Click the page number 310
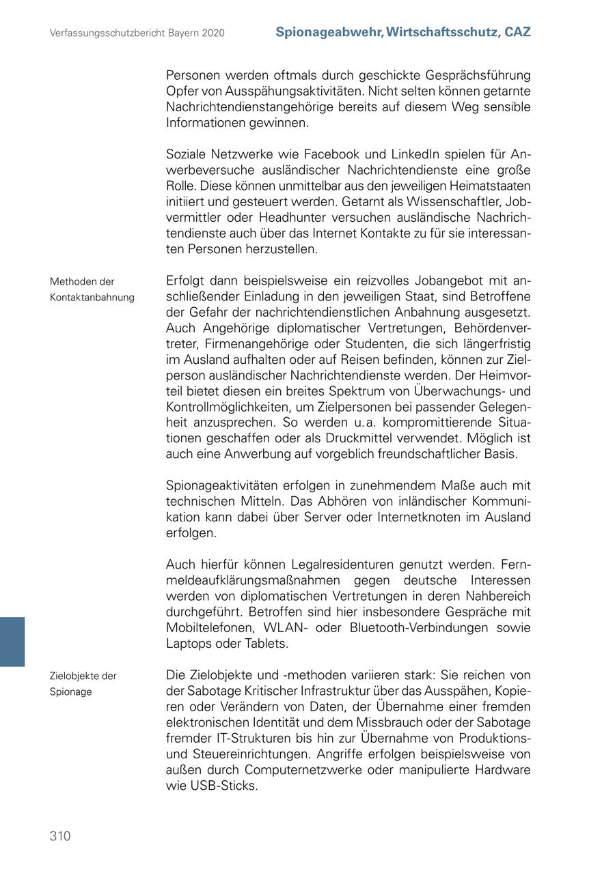point(60,836)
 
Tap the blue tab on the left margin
point(12,641)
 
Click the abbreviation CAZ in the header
point(517,32)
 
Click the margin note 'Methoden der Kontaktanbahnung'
point(92,289)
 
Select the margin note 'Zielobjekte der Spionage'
point(83,683)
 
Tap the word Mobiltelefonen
point(209,628)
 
